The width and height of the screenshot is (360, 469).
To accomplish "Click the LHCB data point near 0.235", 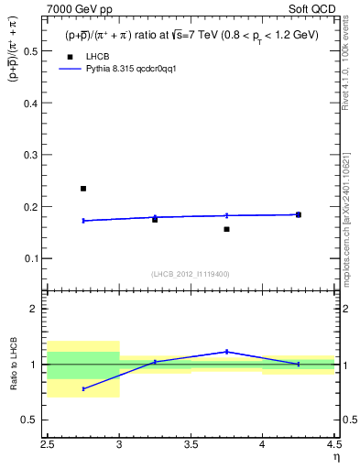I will click(x=83, y=189).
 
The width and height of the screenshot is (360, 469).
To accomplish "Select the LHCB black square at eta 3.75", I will click(x=226, y=229).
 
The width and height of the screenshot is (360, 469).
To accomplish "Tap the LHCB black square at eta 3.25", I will click(x=155, y=220).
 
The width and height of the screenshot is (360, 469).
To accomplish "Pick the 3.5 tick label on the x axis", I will click(x=191, y=444).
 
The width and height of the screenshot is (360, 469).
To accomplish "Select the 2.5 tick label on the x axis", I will click(x=48, y=444).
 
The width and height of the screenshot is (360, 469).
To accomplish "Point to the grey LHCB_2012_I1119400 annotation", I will click(x=191, y=274).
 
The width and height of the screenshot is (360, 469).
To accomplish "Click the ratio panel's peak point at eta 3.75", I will click(x=226, y=352).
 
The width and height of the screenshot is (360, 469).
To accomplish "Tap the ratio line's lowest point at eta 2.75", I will click(x=83, y=389).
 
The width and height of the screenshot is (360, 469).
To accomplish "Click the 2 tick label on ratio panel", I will click(x=37, y=309).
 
